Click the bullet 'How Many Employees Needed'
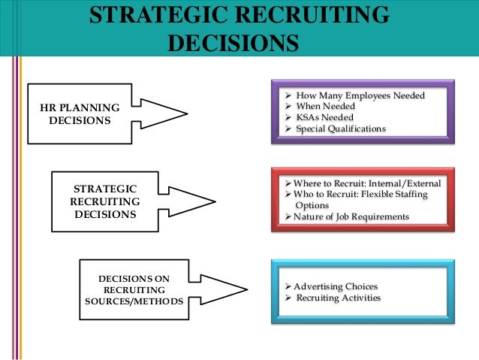[360, 95]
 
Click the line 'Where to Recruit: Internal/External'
[367, 183]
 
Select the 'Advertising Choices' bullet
[336, 287]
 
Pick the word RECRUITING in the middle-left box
[104, 201]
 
